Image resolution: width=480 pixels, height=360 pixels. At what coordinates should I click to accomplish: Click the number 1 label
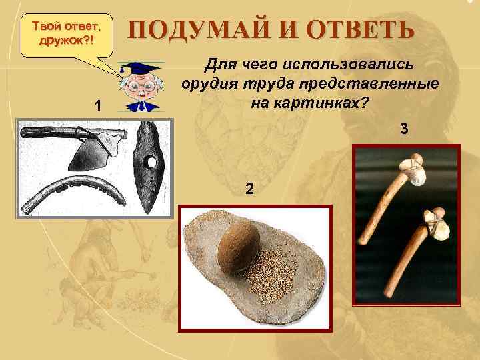(x=98, y=106)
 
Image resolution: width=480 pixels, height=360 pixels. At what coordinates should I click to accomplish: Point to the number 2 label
(x=249, y=189)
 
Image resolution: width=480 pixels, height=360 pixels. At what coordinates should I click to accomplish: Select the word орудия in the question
(x=206, y=85)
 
